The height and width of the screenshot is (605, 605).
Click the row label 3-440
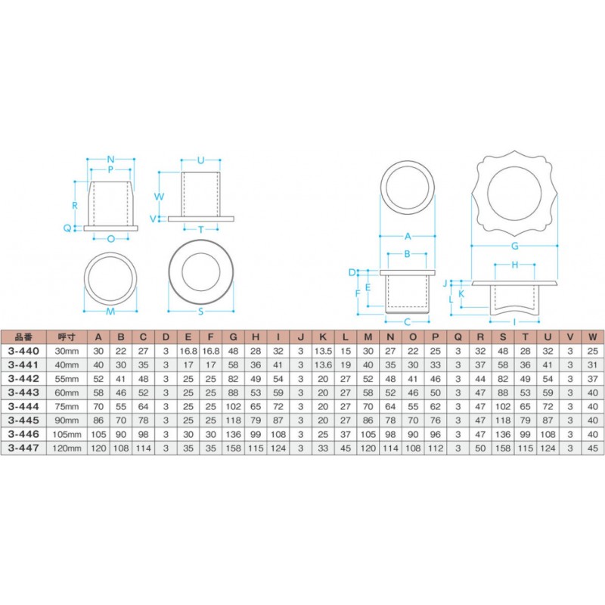(23, 351)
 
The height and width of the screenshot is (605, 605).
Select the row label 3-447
(23, 448)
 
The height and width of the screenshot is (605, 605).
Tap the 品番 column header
(23, 337)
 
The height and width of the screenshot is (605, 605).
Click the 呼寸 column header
(67, 337)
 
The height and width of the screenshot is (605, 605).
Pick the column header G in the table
(233, 337)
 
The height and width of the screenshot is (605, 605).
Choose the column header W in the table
(593, 337)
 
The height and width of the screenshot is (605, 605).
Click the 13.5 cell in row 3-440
(323, 351)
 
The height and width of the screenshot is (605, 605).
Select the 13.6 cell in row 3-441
(323, 365)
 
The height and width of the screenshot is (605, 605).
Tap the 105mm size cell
(67, 434)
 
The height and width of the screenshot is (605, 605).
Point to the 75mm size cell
(67, 407)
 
